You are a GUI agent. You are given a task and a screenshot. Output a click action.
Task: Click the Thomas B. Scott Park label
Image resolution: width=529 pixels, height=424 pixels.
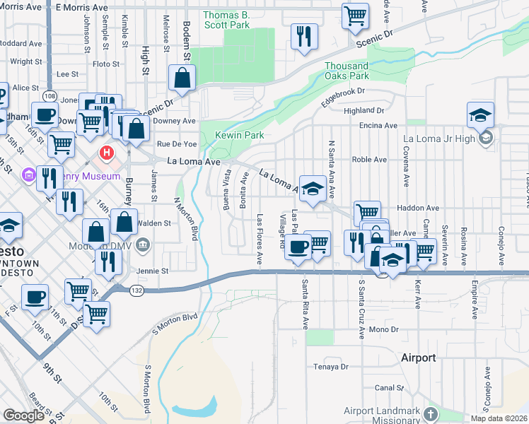click(x=226, y=19)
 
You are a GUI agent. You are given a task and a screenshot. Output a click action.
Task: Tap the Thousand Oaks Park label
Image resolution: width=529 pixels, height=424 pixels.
click(x=347, y=71)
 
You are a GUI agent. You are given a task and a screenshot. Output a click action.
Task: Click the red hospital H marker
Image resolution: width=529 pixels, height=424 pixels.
click(x=106, y=152)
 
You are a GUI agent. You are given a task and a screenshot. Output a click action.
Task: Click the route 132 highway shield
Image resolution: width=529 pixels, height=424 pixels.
click(x=138, y=290)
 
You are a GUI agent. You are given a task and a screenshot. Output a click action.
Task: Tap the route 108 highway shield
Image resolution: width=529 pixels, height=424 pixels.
click(x=49, y=95)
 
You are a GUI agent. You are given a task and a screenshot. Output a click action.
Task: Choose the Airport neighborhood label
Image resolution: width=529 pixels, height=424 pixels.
click(x=418, y=358)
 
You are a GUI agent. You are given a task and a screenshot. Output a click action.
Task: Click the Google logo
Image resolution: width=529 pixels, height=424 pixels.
click(x=23, y=416)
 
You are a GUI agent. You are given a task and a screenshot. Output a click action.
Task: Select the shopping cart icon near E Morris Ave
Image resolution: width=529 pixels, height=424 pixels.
click(x=355, y=15)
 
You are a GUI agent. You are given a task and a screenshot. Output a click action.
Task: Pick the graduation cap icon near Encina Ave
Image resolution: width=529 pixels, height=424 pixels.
click(x=480, y=114)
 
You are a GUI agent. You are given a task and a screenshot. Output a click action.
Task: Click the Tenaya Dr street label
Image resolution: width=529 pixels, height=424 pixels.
click(x=332, y=367)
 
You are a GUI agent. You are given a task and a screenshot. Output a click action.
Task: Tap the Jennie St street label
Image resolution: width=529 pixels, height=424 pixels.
click(x=154, y=271)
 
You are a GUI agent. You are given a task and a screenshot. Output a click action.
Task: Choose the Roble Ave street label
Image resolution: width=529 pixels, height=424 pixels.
click(x=369, y=160)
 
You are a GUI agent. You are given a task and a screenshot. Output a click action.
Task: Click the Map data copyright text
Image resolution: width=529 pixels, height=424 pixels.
click(x=499, y=418)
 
